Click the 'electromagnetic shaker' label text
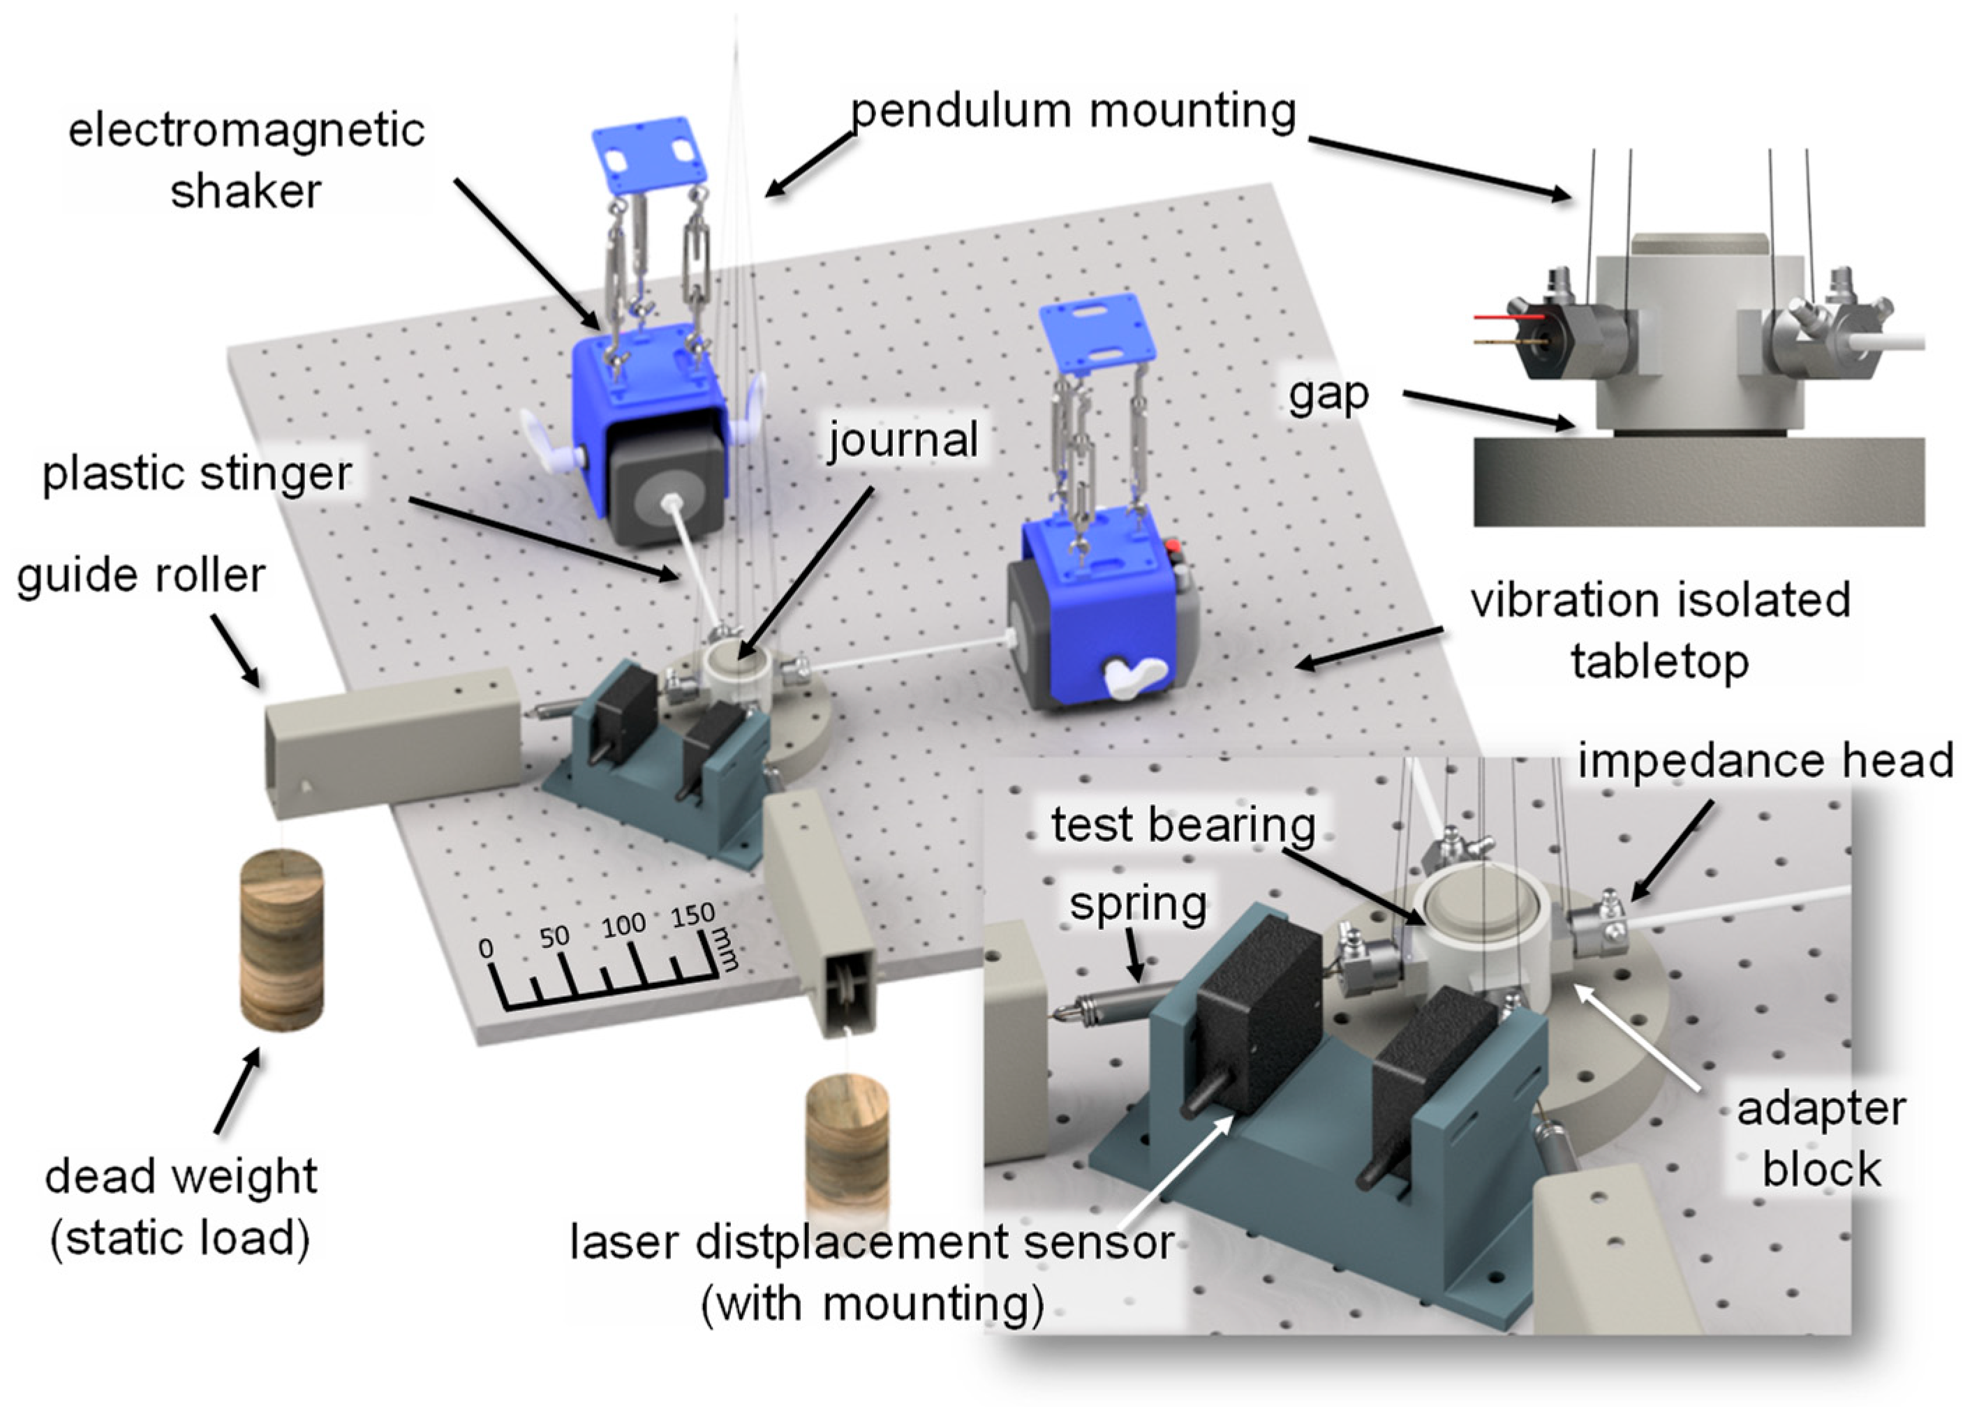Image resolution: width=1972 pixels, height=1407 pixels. coord(246,160)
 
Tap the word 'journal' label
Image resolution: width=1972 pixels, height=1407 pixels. coord(903,439)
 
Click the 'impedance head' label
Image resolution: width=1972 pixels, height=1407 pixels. coord(1765,760)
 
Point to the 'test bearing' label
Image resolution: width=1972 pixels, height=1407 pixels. coord(1183,824)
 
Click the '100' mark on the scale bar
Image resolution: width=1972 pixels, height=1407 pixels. coord(623,925)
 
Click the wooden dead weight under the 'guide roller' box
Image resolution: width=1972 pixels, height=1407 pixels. coord(282,940)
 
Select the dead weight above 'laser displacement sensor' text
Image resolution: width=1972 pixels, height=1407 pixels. coord(847,1143)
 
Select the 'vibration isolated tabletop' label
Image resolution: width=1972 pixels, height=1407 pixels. coord(1660,631)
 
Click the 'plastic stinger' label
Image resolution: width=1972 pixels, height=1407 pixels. coord(198,474)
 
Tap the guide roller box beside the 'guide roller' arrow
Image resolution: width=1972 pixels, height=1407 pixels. coord(390,744)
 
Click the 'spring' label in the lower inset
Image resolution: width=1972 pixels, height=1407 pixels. coord(1137,903)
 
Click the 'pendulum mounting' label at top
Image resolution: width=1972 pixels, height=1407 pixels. coord(1073,111)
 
